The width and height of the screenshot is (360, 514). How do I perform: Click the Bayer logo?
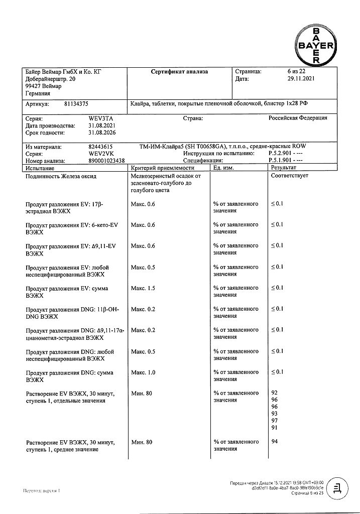[316, 45]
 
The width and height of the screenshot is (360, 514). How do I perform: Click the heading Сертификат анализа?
[179, 72]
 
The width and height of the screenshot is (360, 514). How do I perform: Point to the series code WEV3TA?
[99, 118]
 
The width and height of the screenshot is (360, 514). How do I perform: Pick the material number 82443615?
[100, 147]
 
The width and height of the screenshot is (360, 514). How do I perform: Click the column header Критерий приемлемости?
[159, 168]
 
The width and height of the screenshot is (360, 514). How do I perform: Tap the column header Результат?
[284, 168]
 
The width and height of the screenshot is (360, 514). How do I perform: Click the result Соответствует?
[289, 176]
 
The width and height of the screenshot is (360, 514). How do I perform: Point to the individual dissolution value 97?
[275, 420]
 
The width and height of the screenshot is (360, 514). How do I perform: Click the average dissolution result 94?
[275, 442]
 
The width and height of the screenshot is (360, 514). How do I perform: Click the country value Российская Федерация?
[298, 118]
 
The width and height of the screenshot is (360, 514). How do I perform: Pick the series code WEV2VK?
[99, 154]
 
